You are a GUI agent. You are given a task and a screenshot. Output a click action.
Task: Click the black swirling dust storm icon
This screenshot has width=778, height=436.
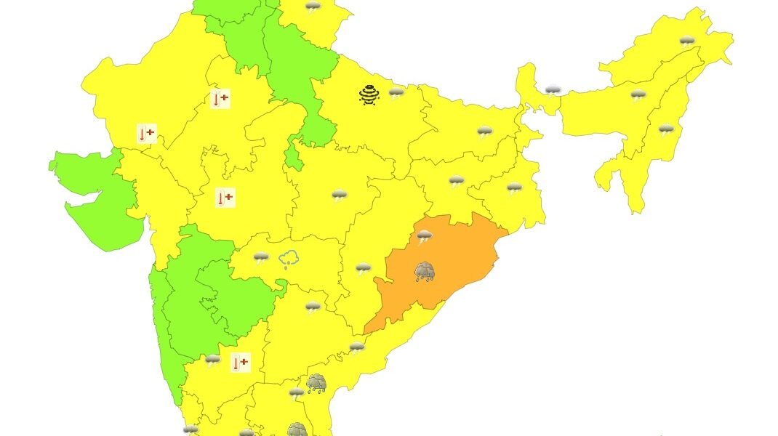point(369,94)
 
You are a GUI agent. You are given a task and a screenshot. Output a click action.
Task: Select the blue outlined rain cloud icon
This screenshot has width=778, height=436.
point(289,259)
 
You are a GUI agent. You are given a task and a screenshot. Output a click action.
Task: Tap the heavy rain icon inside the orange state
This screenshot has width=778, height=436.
point(425,272)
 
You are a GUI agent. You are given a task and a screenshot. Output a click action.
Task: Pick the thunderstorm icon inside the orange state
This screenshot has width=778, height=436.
point(424,236)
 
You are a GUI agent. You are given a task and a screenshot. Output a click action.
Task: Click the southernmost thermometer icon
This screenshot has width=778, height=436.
point(240,362)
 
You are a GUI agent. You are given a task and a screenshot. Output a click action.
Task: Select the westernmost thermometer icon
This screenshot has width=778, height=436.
point(146,134)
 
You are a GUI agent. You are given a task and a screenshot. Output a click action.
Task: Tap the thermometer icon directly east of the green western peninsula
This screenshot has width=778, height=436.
point(225,198)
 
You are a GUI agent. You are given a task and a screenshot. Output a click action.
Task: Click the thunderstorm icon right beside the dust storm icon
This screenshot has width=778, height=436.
point(396,93)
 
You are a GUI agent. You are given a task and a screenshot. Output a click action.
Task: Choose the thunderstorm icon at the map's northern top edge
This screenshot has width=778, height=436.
point(313,8)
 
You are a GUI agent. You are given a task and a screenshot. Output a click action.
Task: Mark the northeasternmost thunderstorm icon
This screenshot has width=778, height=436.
point(686,41)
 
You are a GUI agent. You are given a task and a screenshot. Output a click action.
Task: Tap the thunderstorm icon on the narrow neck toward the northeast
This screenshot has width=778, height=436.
point(553,91)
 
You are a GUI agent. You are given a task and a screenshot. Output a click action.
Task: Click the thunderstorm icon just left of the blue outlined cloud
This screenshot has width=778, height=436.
point(261,257)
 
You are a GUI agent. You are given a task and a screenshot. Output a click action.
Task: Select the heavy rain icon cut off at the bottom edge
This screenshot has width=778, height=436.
point(297,429)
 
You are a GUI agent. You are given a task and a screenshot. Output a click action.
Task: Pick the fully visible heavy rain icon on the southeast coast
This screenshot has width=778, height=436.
point(316,383)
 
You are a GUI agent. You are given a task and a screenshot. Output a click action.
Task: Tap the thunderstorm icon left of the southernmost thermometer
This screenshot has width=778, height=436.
point(212,360)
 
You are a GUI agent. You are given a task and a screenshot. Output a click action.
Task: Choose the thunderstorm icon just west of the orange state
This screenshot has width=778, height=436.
point(363,269)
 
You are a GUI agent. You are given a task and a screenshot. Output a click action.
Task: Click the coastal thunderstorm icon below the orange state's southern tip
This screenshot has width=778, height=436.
point(356,347)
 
